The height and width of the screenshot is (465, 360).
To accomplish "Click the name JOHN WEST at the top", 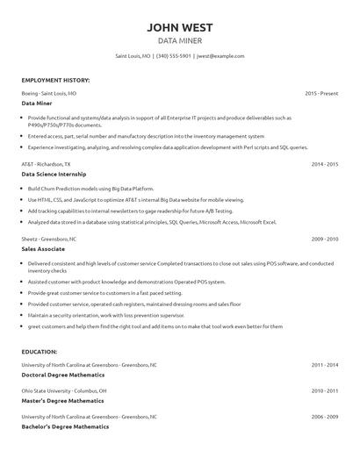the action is pos(180,27).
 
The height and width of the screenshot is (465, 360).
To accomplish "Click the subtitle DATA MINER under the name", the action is pos(180,40).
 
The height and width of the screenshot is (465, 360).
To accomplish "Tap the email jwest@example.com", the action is pos(220,55).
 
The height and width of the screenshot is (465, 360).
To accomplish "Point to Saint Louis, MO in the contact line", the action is pos(133,55).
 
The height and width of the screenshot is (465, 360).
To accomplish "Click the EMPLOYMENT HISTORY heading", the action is pos(55,80).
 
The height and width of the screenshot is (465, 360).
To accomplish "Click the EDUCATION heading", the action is pos(42,351).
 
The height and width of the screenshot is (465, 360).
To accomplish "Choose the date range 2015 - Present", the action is pos(321,92).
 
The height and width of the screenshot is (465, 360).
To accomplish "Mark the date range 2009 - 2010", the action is pos(324,238).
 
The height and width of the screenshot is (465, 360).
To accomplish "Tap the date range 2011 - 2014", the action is pos(324,363).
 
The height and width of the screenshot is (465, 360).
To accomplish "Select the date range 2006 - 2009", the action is pos(324,416).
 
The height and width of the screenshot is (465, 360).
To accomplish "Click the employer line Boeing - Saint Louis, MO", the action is pos(49,92).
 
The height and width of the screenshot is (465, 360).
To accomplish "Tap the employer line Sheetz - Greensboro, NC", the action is pos(49,238).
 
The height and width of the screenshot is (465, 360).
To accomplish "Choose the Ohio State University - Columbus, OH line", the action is pos(64,390).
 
